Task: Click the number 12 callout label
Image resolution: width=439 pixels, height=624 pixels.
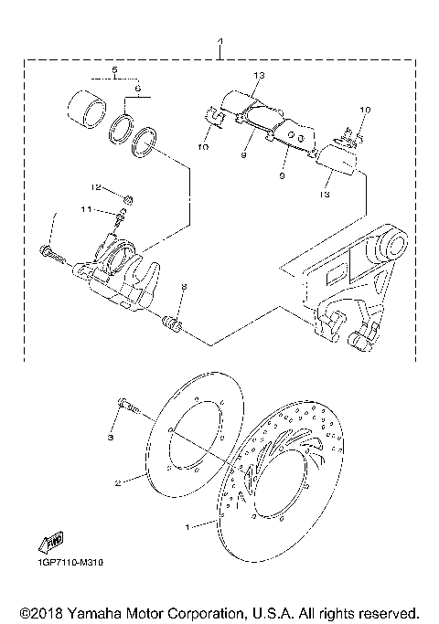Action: (x=95, y=188)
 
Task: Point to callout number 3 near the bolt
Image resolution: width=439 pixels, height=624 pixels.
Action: (x=111, y=439)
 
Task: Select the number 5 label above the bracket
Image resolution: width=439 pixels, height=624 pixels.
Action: (x=115, y=69)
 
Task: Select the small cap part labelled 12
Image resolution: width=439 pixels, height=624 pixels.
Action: (x=129, y=199)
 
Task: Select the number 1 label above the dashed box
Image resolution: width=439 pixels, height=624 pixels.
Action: (x=219, y=43)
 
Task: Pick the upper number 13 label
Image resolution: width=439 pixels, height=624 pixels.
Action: (x=258, y=75)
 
